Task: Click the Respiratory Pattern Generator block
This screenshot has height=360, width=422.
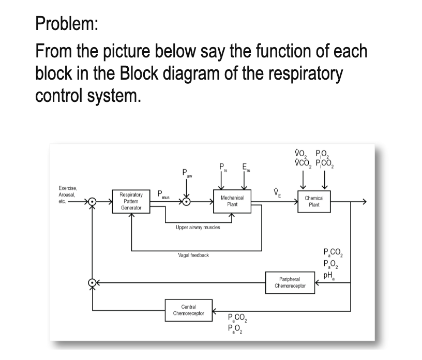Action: click(131, 201)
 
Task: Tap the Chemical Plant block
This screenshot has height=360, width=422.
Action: click(314, 201)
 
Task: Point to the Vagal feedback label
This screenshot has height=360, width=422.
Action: click(193, 256)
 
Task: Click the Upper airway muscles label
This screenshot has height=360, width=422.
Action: click(198, 227)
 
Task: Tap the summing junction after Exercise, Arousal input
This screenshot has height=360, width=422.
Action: click(92, 201)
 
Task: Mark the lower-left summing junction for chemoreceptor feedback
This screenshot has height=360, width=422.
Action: click(92, 283)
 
